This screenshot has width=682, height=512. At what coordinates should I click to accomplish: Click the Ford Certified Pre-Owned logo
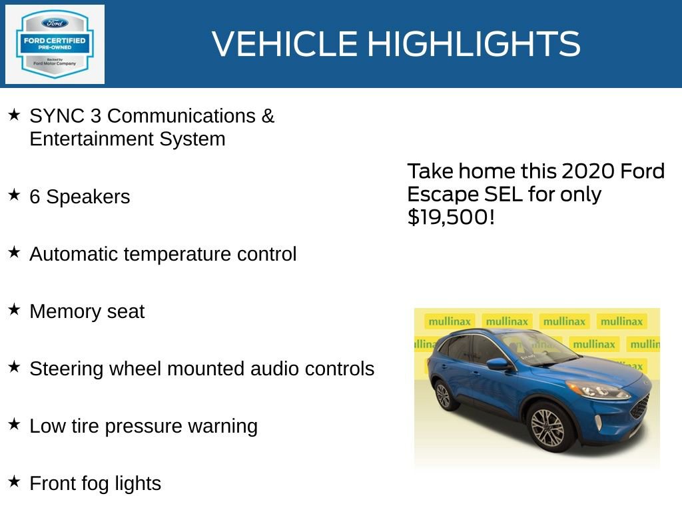pos(55,44)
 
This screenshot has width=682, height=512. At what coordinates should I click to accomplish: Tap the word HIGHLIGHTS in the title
pos(474,44)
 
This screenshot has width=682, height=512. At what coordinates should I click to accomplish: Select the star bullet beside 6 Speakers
pos(14,195)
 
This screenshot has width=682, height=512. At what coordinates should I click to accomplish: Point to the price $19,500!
pos(451,217)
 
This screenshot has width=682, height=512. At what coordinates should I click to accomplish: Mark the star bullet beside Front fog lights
pos(14,481)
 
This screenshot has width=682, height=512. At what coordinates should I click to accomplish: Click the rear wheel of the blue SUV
pos(443,395)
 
